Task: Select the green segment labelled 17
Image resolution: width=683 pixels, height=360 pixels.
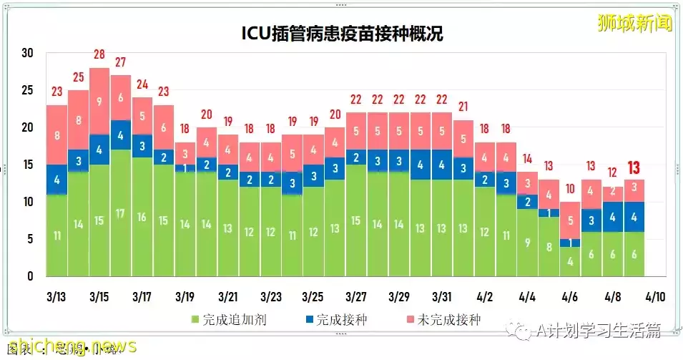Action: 121,213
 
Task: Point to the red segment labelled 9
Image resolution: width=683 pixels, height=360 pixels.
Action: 99,101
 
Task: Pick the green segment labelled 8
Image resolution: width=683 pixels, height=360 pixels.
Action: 549,247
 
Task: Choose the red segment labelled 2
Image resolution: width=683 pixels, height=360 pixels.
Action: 613,191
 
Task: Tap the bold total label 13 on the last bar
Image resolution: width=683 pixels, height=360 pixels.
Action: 634,167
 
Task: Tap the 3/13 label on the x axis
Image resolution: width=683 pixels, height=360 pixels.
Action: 56,296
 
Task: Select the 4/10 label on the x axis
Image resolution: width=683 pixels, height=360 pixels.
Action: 656,296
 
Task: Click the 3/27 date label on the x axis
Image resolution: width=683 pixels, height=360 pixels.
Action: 356,296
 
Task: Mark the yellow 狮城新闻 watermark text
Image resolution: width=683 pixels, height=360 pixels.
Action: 635,23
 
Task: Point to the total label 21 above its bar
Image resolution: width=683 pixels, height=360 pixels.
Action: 463,107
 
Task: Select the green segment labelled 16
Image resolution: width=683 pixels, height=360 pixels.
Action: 142,217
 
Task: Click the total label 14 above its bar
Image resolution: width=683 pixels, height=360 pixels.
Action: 527,159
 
